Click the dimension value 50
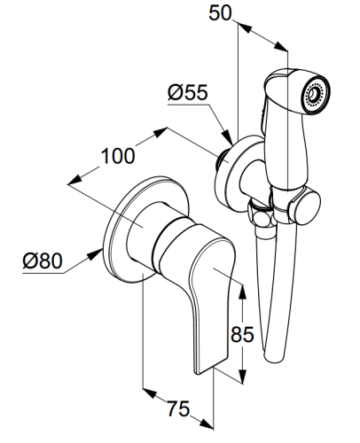point(220,13)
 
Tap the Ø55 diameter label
point(188,92)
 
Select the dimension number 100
point(118,156)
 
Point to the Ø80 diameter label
point(43,260)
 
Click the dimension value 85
point(242,334)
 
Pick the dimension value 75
point(178,408)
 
